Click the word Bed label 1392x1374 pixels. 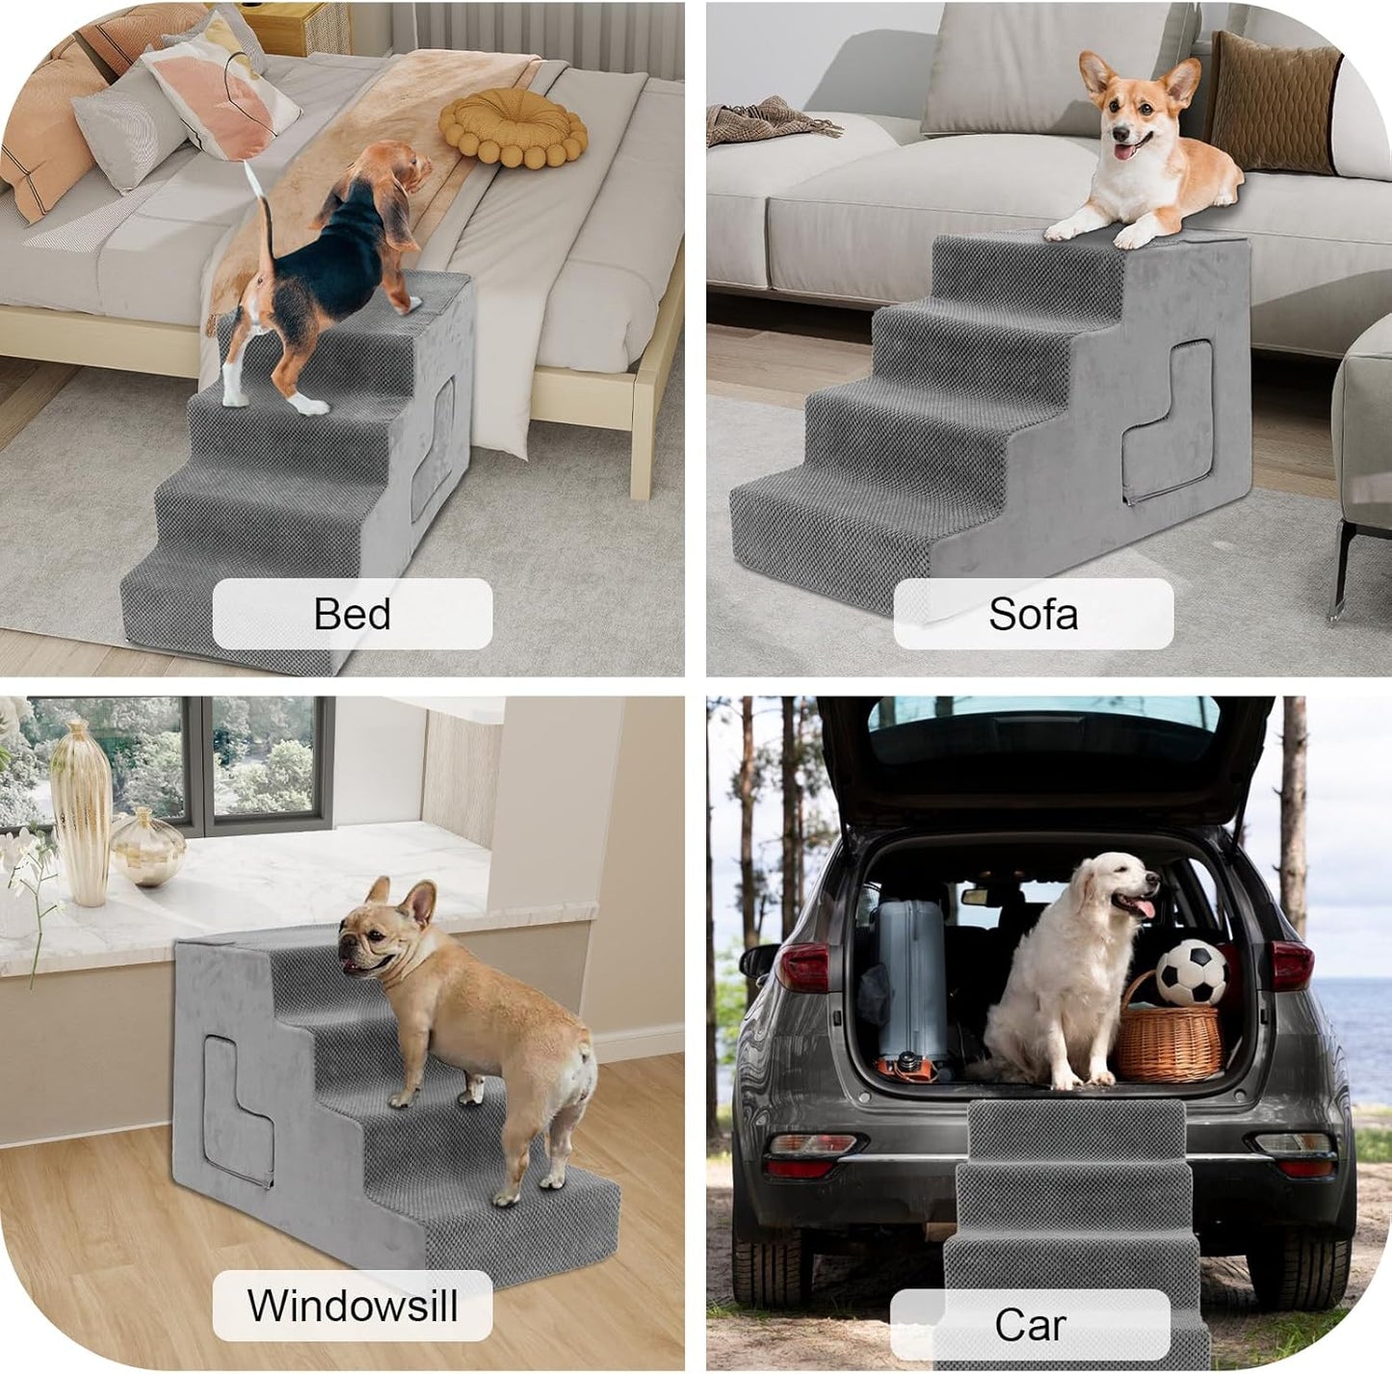click(352, 614)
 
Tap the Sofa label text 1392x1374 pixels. click(1033, 614)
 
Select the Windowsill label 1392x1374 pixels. click(352, 1306)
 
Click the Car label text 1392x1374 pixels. click(1030, 1325)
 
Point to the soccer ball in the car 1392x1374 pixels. click(1192, 972)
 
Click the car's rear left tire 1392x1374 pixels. click(771, 1262)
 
